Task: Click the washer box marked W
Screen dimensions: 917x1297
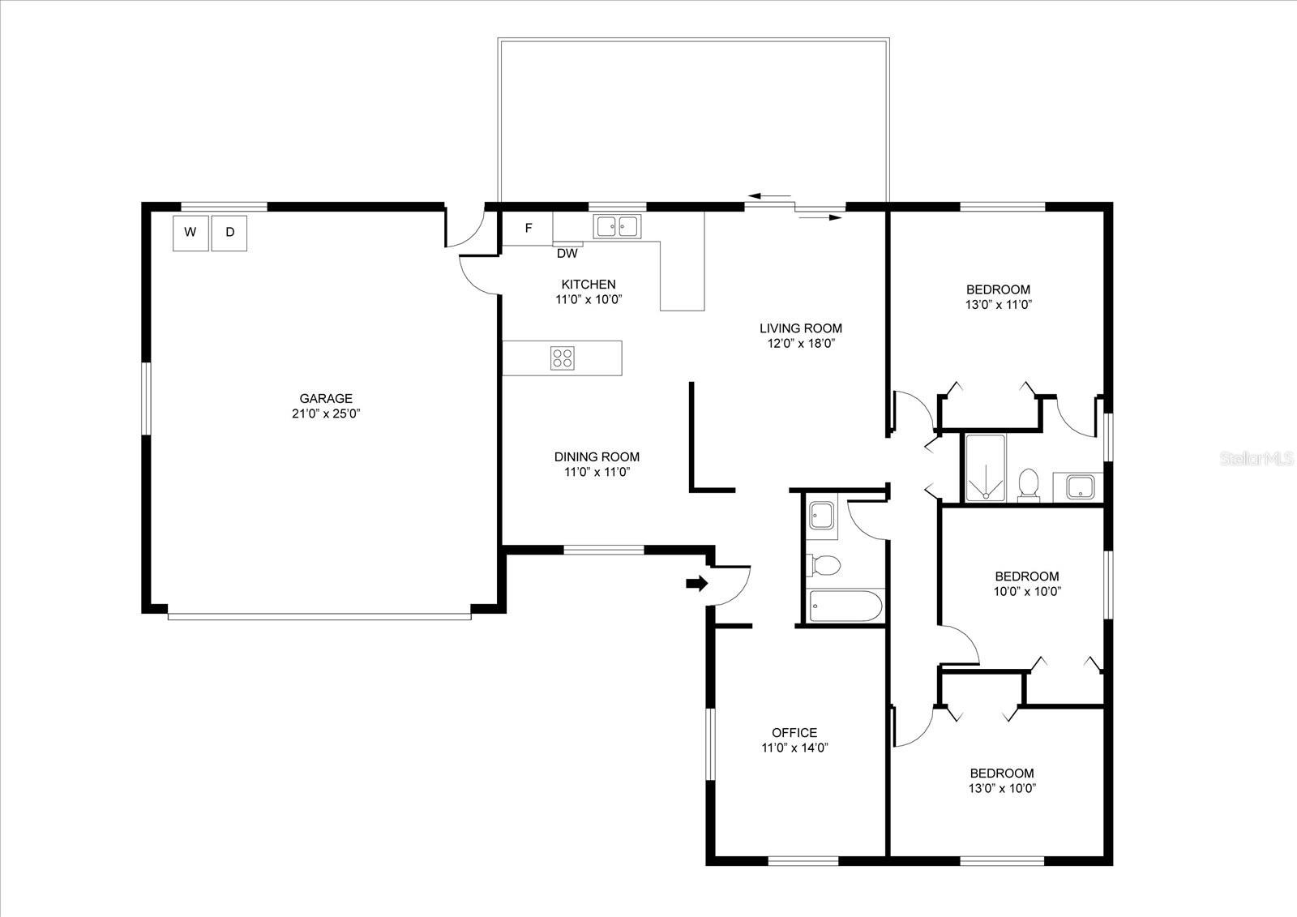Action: [190, 233]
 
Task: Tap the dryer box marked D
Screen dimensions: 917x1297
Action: [229, 233]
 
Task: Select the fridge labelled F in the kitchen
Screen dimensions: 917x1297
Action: [528, 229]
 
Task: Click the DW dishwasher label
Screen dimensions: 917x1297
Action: [567, 254]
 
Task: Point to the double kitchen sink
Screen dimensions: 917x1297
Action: [617, 226]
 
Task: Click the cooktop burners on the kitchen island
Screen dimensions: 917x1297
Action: [563, 358]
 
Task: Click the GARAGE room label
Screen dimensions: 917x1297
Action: [326, 398]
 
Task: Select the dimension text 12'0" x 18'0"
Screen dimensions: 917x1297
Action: [801, 343]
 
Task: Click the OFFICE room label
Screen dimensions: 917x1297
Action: [794, 732]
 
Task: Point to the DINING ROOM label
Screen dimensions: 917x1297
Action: [597, 456]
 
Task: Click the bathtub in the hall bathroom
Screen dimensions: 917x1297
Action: [845, 606]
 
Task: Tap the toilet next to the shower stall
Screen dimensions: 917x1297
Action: [1029, 484]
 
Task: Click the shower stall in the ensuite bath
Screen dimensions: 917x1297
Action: [985, 468]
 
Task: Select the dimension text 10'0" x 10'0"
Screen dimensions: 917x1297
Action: [1027, 591]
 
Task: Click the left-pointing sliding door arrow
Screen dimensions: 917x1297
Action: [769, 196]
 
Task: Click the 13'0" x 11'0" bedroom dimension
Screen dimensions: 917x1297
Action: [998, 305]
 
